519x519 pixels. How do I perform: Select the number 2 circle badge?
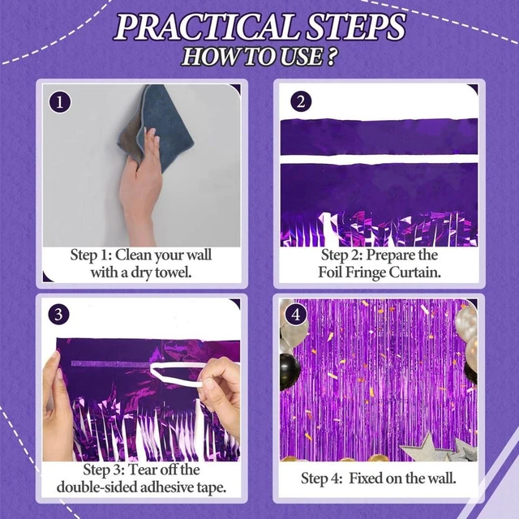pyautogui.click(x=301, y=102)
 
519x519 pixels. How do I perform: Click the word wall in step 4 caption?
pyautogui.click(x=441, y=478)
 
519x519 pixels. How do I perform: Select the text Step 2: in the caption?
pyautogui.click(x=332, y=255)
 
